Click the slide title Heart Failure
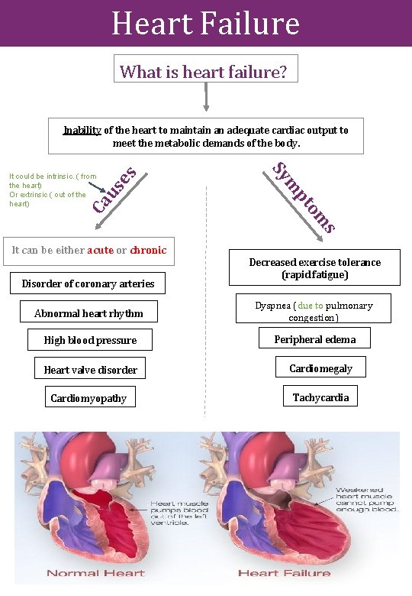[205, 23]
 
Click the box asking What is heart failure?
[204, 71]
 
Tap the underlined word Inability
[82, 130]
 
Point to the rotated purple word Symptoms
[304, 196]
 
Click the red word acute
[100, 250]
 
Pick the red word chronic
[148, 250]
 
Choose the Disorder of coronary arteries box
[88, 283]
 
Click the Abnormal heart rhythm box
[89, 313]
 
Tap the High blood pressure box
[90, 340]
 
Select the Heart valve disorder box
[90, 370]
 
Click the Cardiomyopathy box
[89, 398]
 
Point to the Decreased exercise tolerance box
[314, 268]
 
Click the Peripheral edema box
[314, 339]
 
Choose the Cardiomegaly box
[320, 368]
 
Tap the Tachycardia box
[320, 397]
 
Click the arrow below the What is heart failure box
[206, 98]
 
